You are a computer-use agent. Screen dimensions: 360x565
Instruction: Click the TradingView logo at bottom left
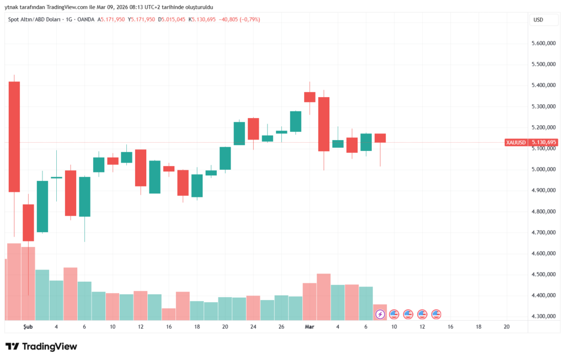click(41, 347)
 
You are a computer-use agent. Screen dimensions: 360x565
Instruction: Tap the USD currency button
click(538, 20)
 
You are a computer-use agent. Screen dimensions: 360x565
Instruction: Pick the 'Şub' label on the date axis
click(28, 327)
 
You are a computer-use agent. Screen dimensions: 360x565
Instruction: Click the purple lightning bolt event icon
click(380, 314)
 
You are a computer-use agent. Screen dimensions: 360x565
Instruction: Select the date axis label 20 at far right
click(507, 327)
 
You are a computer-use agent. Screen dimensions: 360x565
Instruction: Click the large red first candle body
click(14, 137)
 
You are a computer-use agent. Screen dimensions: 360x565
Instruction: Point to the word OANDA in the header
click(86, 20)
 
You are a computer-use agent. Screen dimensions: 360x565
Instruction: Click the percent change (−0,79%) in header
click(248, 20)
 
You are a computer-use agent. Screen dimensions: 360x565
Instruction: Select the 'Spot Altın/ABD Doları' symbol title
click(34, 20)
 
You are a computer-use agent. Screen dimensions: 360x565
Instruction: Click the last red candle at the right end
click(380, 138)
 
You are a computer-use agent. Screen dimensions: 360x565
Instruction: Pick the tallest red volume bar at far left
click(14, 281)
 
